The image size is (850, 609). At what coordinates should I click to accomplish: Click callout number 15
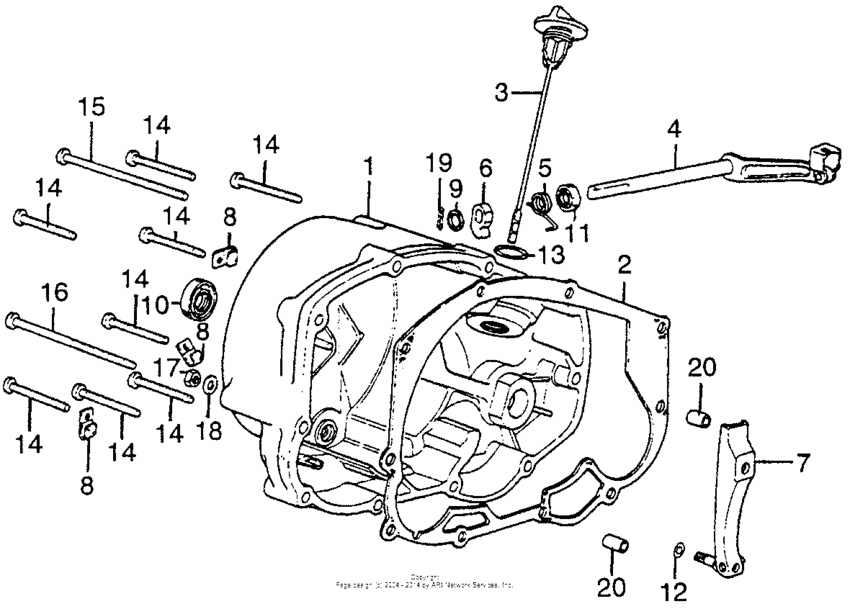click(92, 107)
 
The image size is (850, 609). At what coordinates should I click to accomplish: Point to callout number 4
click(674, 129)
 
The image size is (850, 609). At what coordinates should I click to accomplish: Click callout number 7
click(801, 464)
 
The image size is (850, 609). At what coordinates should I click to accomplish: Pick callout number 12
click(680, 592)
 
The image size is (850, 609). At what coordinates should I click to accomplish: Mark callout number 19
click(441, 162)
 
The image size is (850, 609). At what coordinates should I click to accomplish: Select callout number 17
click(163, 366)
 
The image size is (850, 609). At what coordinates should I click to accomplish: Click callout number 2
click(624, 265)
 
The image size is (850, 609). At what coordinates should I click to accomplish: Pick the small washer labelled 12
click(679, 548)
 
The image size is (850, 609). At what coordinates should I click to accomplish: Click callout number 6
click(486, 166)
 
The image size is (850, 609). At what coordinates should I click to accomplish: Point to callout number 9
click(455, 187)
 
